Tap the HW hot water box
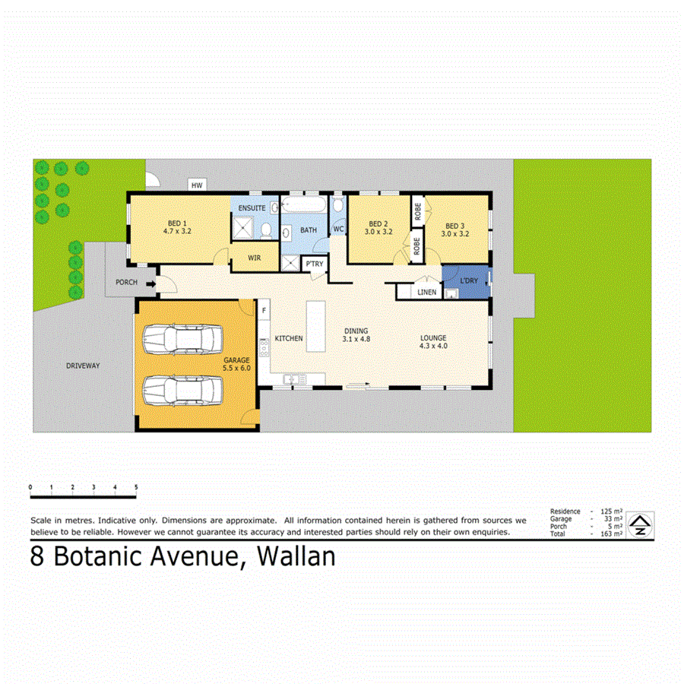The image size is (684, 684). pos(197,185)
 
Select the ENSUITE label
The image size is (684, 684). pos(252,207)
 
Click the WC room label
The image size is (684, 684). pos(338,229)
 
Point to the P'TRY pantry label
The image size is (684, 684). pos(313,264)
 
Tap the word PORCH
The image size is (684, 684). pos(125,283)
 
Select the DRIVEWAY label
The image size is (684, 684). pos(82,366)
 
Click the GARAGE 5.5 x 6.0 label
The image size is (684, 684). pos(236,363)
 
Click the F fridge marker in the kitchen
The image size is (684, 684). pos(264,310)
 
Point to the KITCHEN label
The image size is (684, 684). pos(289,338)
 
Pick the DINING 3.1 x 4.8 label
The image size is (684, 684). pos(356,334)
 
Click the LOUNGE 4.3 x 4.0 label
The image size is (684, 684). pos(432,342)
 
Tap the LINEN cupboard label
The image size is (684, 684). pos(426,292)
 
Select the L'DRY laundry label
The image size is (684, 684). pos(469,281)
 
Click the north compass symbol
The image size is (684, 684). pos(641,523)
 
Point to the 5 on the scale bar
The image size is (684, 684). pos(136,486)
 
